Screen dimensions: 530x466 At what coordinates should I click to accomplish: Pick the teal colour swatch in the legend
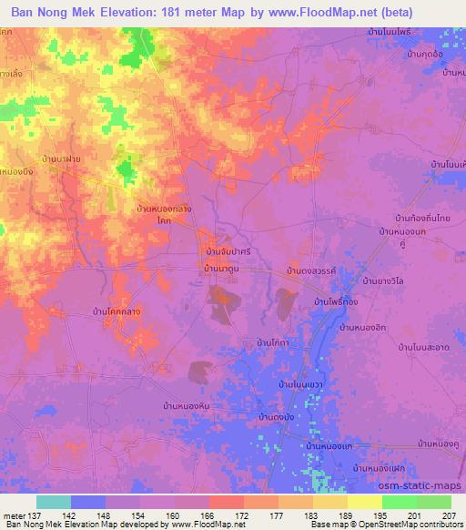54,502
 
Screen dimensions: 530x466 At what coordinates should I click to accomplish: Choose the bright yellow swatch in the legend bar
364,502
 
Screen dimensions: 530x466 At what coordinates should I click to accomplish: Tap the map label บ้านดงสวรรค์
311,271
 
